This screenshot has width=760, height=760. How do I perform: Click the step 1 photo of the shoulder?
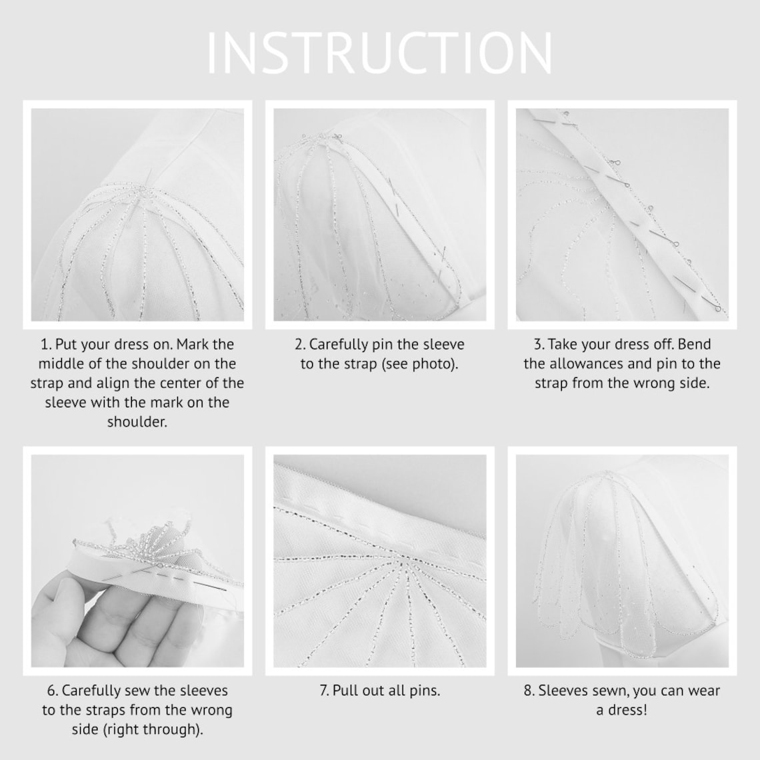(x=137, y=215)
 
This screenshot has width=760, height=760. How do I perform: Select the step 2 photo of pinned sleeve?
(x=379, y=215)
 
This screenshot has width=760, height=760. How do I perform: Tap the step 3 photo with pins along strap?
(x=622, y=215)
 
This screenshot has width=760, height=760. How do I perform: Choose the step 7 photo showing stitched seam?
(x=379, y=561)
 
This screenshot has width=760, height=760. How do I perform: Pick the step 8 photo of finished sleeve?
(x=622, y=561)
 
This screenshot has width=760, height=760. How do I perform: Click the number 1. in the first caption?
(x=46, y=345)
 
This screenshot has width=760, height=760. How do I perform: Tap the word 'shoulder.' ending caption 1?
(x=137, y=422)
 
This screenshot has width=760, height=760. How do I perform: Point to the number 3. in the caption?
(x=539, y=345)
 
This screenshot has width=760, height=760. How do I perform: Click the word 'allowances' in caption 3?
(x=582, y=364)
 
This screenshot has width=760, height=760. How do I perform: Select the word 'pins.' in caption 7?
(x=423, y=691)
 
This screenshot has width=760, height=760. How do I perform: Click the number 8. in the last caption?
(x=529, y=691)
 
